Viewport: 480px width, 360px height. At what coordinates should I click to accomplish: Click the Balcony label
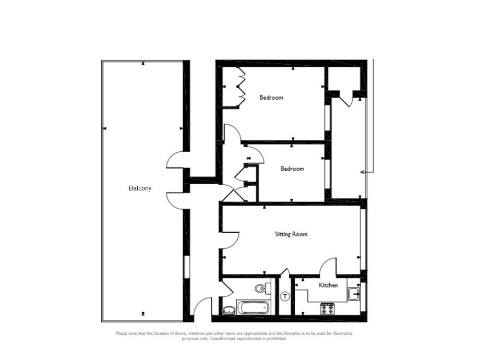coord(140,188)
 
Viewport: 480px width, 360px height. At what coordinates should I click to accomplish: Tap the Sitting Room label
coord(291,234)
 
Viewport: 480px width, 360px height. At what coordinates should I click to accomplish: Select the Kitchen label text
coord(329,285)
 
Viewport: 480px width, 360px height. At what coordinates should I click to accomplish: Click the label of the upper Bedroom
coord(271,98)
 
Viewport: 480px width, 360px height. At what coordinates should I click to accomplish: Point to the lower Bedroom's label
coord(292,169)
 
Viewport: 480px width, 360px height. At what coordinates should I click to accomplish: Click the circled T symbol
coord(285,297)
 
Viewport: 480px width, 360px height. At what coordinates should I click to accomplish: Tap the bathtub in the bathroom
coord(254,307)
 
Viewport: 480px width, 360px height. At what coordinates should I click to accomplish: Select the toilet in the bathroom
coord(261,288)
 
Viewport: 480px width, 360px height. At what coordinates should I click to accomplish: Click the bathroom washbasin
coord(229,311)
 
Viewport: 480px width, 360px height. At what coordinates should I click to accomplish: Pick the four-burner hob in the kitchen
coord(327,309)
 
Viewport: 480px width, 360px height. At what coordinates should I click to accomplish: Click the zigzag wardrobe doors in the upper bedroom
coord(242,86)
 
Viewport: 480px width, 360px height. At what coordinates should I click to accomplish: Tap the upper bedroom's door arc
coord(233,133)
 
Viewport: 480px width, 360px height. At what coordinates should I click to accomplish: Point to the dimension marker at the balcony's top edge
coord(143,64)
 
